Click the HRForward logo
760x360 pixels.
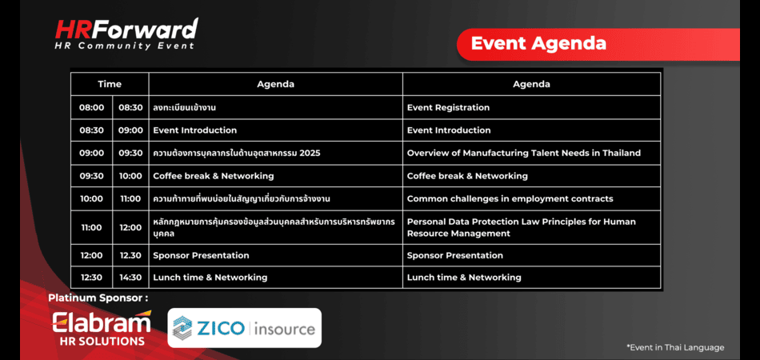tap(126, 34)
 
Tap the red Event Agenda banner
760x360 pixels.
tap(598, 44)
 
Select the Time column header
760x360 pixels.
tap(110, 84)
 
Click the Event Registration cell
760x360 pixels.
tap(531, 107)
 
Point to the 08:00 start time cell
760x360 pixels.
tap(92, 107)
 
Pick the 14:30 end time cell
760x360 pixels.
tap(130, 278)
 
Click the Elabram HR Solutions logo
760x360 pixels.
tap(102, 327)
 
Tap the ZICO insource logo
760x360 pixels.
tap(244, 328)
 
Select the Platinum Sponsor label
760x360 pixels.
tap(98, 298)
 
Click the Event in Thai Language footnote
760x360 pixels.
tap(675, 347)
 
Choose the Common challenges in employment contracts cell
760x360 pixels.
tap(531, 198)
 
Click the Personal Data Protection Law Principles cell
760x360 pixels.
tap(531, 227)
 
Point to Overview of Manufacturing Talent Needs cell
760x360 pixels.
tap(531, 153)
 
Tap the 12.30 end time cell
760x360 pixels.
tap(130, 255)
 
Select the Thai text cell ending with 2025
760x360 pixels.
tap(275, 153)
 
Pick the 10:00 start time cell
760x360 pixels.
tap(92, 198)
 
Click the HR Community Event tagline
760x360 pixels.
tap(125, 46)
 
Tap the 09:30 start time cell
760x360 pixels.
tap(92, 176)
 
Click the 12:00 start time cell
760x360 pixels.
tap(92, 255)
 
